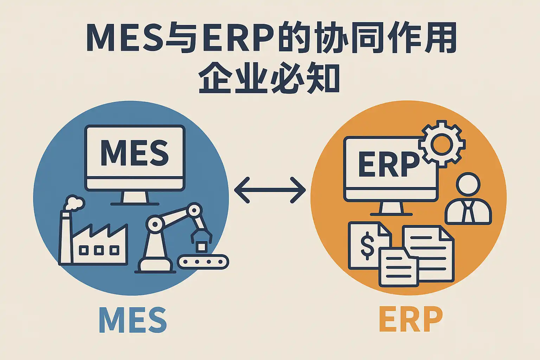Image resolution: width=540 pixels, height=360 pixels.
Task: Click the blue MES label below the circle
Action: point(133,320)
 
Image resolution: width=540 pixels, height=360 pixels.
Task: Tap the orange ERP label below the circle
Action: point(411,320)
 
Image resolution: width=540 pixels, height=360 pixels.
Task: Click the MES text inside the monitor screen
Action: point(135,153)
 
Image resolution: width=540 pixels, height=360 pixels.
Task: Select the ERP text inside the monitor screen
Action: point(388,165)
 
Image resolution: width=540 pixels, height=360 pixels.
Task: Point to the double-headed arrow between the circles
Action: point(270,190)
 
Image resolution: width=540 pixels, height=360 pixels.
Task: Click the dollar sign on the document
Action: point(367,245)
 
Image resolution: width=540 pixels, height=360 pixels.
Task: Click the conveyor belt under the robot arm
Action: point(203,262)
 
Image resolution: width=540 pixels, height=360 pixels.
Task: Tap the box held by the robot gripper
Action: point(201,246)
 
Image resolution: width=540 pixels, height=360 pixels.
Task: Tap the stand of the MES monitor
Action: point(135,198)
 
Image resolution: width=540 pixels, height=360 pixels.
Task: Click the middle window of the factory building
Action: point(99,250)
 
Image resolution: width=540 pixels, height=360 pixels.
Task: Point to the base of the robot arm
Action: point(155,265)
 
